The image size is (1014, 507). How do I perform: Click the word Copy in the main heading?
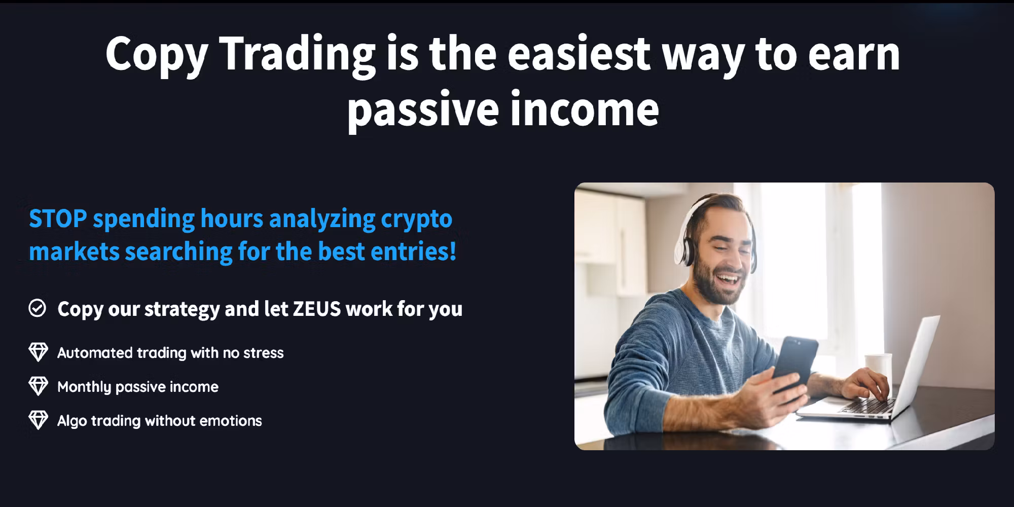[x=157, y=55]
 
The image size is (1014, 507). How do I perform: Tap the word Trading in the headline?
[x=298, y=55]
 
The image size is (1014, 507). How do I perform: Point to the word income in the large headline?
[x=585, y=108]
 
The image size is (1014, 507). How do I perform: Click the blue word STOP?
[x=57, y=219]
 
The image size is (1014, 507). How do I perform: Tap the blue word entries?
[x=414, y=251]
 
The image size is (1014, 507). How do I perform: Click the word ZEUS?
[x=317, y=309]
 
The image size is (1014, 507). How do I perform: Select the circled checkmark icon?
[x=38, y=308]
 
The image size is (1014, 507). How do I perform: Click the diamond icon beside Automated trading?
[x=38, y=352]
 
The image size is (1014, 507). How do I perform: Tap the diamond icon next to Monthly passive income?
[x=38, y=386]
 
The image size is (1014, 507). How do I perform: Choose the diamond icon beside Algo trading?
[x=38, y=420]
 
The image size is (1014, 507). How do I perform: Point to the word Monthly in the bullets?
[x=84, y=387]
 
